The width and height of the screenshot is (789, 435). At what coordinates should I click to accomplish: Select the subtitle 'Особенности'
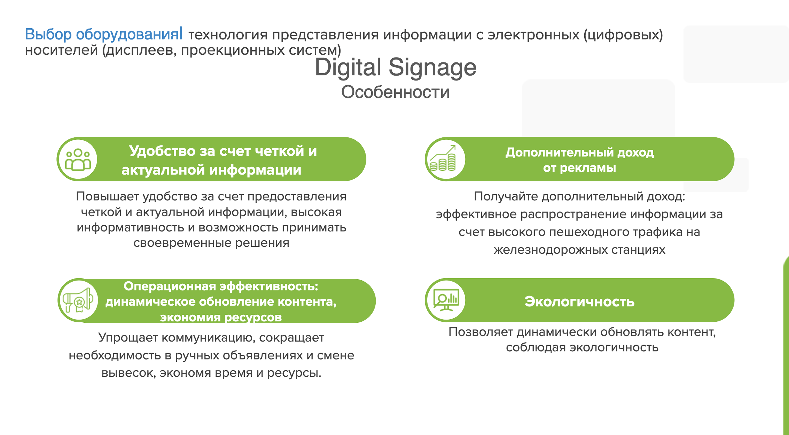click(x=395, y=92)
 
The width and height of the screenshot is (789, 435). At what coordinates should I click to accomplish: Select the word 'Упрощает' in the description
click(x=128, y=338)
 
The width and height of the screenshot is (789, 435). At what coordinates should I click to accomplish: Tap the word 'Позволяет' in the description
click(x=481, y=332)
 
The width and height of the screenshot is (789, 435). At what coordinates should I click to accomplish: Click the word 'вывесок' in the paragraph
click(x=129, y=373)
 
